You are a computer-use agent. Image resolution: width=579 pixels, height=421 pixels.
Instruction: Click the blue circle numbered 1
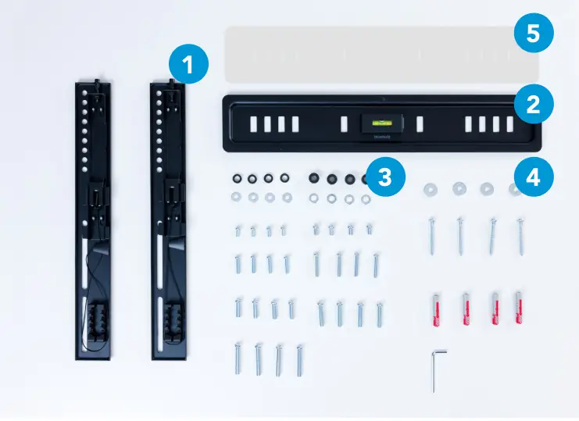pyautogui.click(x=188, y=64)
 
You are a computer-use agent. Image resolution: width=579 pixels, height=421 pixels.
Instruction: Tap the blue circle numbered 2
pyautogui.click(x=534, y=104)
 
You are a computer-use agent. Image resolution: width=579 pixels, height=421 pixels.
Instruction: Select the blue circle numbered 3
pyautogui.click(x=385, y=177)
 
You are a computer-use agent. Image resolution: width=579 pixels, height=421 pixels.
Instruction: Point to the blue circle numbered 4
pyautogui.click(x=534, y=177)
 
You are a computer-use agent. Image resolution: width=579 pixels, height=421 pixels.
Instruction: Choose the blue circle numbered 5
pyautogui.click(x=534, y=33)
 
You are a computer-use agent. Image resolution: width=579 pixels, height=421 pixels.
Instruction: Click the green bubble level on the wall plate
pyautogui.click(x=382, y=123)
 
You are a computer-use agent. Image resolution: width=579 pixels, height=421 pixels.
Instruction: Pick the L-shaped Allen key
pyautogui.click(x=436, y=370)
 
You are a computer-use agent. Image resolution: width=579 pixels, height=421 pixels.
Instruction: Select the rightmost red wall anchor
pyautogui.click(x=519, y=308)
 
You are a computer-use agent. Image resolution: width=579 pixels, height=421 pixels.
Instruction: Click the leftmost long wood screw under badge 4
pyautogui.click(x=431, y=236)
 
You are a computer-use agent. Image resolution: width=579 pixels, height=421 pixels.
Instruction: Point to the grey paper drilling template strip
pyautogui.click(x=382, y=55)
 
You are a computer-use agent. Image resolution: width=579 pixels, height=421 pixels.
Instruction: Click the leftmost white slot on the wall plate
pyautogui.click(x=253, y=124)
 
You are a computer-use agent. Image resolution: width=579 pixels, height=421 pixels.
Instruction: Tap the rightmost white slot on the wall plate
pyautogui.click(x=510, y=124)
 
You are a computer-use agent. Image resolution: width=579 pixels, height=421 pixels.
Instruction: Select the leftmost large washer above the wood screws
pyautogui.click(x=431, y=190)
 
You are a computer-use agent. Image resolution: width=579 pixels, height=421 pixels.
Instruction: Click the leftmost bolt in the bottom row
pyautogui.click(x=237, y=359)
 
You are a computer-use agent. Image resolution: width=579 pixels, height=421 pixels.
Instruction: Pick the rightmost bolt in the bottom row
pyautogui.click(x=299, y=361)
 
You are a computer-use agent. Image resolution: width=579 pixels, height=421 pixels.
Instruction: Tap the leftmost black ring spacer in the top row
pyautogui.click(x=237, y=179)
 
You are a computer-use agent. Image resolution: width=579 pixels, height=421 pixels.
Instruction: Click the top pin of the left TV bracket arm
pyautogui.click(x=97, y=80)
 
